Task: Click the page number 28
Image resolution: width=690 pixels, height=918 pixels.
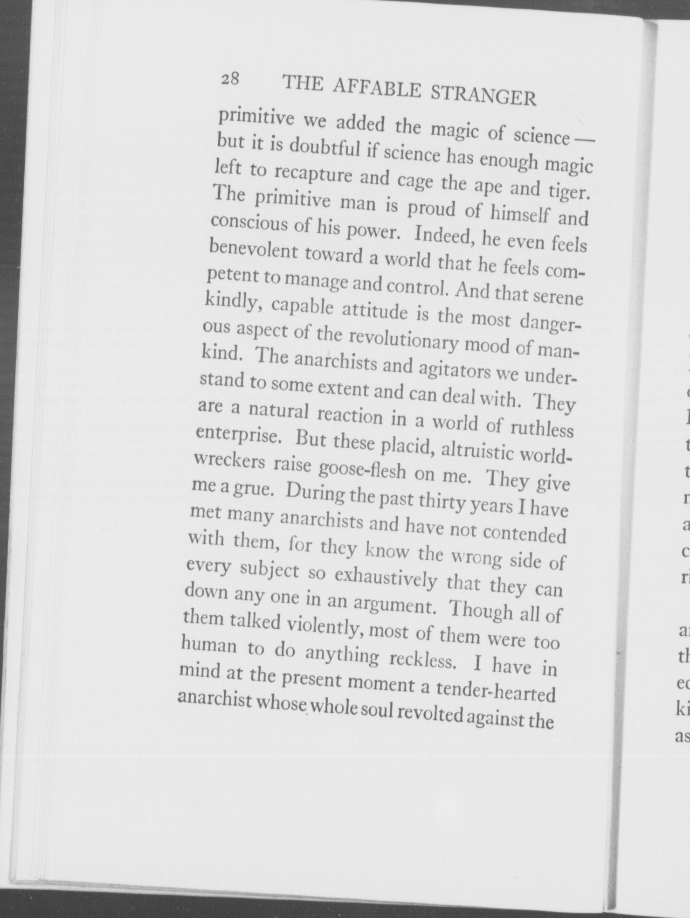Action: (230, 79)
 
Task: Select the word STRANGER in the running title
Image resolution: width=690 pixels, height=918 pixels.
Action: (483, 95)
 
